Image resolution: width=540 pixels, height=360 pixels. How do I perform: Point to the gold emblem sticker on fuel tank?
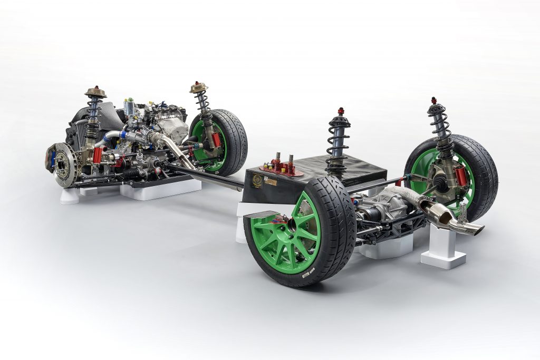(257, 179)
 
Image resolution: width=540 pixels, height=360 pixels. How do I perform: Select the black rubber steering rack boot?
(131, 172)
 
